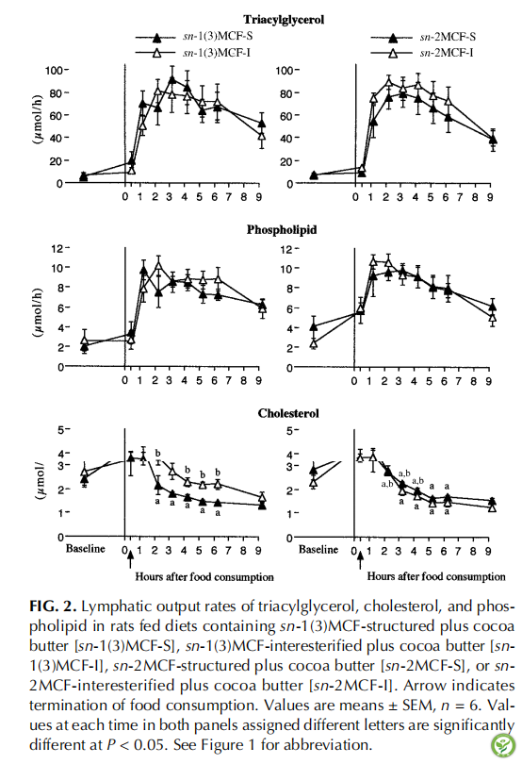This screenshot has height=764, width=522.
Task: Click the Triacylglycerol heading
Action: pos(284,20)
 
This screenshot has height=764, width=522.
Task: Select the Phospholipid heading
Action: pos(282,229)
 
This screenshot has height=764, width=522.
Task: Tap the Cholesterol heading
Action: pos(288,413)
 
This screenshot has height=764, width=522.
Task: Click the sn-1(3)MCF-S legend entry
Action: pos(194,37)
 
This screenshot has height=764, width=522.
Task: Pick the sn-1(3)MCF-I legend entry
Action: pos(193,52)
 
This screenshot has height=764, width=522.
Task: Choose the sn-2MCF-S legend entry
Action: pos(423,37)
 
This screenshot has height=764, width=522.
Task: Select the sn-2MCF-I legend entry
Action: pos(422,52)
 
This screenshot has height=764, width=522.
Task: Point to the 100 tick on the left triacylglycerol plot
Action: pos(54,70)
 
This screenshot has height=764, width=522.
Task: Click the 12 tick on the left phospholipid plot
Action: pos(57,248)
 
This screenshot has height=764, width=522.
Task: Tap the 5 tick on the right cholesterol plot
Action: pos(289,431)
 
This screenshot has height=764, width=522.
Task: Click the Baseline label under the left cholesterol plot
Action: pos(85,549)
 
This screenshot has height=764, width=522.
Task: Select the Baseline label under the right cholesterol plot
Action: pos(318,549)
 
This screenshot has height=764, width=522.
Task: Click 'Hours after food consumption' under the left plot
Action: pos(204,577)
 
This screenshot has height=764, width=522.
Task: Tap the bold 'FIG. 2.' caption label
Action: pos(53,606)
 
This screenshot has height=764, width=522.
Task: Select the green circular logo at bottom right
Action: pos(503,745)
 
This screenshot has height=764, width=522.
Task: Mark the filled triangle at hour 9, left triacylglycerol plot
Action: pos(262,124)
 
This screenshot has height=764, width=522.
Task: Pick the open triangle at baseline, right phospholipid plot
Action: pos(314,343)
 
